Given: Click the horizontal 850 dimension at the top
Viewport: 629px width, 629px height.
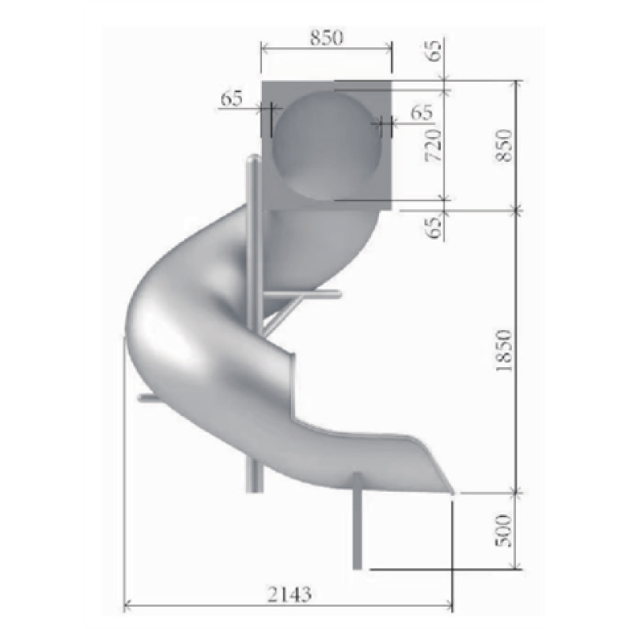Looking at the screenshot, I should (326, 38).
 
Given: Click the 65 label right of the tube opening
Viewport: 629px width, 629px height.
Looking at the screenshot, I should (421, 112).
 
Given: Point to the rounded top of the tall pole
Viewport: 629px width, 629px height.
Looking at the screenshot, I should (252, 161).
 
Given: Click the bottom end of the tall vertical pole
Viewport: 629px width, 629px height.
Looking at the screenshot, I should (252, 487).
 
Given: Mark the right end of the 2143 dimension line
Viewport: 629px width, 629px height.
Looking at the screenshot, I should (452, 605).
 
